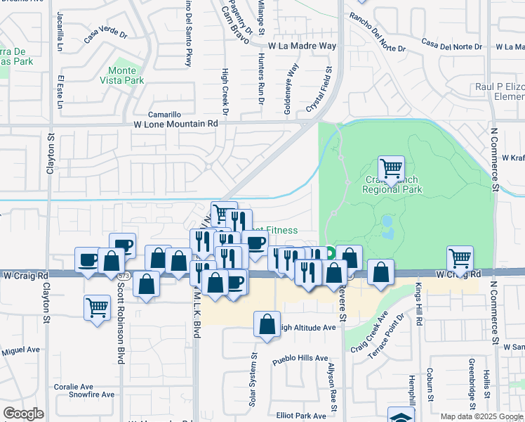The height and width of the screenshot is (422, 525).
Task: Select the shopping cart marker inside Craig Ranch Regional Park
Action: (x=391, y=169)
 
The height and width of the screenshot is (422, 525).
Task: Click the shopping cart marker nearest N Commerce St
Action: (x=460, y=258)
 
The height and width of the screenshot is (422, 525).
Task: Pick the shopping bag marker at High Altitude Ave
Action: (x=266, y=325)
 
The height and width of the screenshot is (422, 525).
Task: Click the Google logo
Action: (x=23, y=414)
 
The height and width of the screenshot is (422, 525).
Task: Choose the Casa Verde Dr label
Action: (x=105, y=34)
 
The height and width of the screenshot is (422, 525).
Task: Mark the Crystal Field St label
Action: (x=319, y=91)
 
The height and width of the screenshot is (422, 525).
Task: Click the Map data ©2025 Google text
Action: (x=481, y=416)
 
